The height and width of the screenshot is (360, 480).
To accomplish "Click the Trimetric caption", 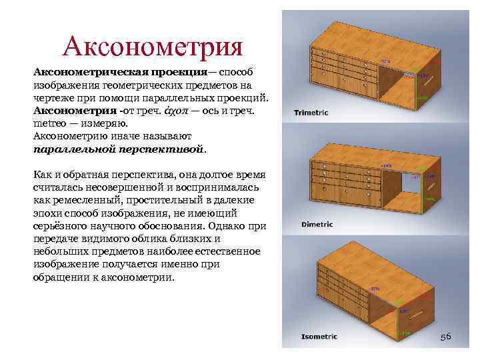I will click(x=311, y=113).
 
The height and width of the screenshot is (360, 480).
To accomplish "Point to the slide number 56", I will click(x=445, y=337).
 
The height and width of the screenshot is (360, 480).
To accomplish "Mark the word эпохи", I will click(x=47, y=213).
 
